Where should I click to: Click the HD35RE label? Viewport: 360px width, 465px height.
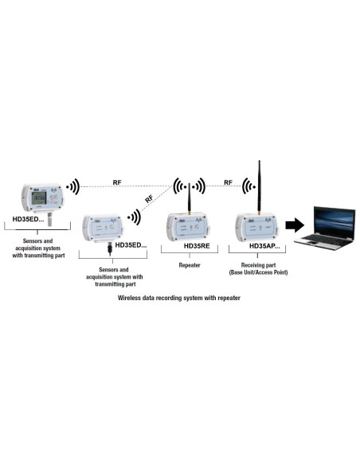click(x=197, y=246)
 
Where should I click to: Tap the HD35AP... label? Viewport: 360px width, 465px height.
click(x=264, y=246)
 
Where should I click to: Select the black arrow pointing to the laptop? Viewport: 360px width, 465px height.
click(x=295, y=225)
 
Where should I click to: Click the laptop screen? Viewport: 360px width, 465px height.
click(x=335, y=221)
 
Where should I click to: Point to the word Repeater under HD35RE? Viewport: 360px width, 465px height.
click(x=190, y=265)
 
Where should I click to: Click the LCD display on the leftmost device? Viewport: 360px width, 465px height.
click(x=39, y=197)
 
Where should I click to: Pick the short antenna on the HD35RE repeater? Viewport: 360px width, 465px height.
click(x=190, y=198)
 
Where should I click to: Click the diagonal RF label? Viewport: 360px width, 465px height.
click(x=149, y=199)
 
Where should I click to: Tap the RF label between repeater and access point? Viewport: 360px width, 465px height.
click(x=228, y=182)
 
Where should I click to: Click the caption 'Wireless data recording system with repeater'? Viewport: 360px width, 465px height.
click(x=179, y=298)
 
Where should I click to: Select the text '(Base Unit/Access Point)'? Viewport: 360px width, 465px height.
click(x=258, y=272)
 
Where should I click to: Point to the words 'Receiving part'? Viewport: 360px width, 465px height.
click(x=258, y=265)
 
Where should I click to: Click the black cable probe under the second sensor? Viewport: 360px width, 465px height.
click(x=110, y=249)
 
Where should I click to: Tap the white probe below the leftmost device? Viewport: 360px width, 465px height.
click(x=49, y=219)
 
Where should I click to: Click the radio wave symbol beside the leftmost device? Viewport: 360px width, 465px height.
click(x=73, y=187)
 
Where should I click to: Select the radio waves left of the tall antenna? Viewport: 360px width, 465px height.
click(x=248, y=186)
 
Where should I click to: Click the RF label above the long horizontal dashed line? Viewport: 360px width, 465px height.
click(x=117, y=182)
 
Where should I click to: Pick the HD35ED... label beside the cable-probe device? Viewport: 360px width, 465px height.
click(x=131, y=245)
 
